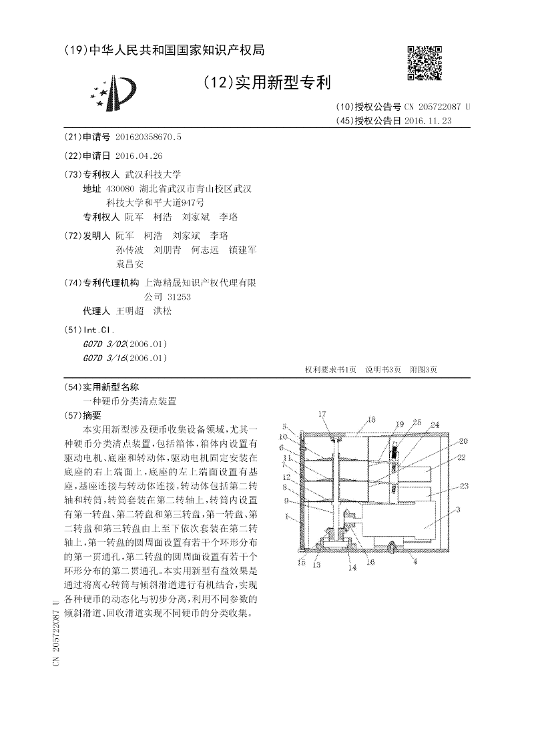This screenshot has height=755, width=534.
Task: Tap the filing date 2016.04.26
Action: click(138, 156)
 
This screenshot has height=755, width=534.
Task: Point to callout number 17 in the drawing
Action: click(322, 415)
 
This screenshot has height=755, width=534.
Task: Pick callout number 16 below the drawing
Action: click(370, 563)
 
